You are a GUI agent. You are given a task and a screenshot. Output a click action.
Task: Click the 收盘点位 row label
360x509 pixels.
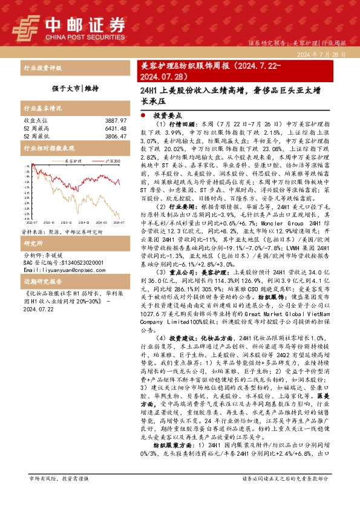pos(34,121)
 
